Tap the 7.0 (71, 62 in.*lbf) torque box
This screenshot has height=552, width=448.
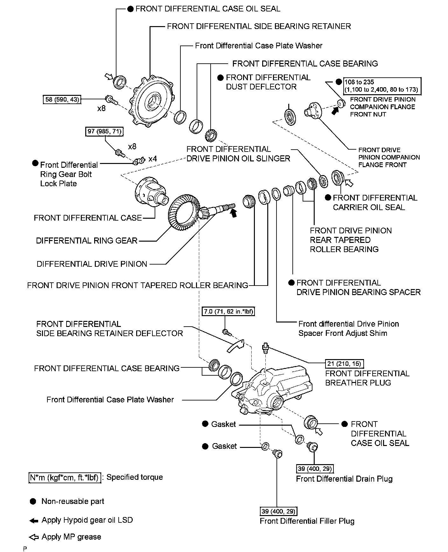click(x=228, y=311)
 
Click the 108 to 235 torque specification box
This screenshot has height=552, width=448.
click(x=381, y=86)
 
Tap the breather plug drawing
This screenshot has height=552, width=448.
click(x=265, y=349)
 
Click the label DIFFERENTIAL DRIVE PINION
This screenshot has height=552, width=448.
click(x=92, y=264)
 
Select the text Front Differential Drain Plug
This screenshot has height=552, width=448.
click(x=344, y=479)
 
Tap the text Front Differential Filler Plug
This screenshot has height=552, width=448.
click(x=307, y=521)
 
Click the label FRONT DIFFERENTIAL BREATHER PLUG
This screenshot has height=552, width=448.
click(x=367, y=378)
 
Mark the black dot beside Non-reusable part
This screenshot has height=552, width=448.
click(x=33, y=501)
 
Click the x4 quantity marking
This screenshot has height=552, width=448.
click(x=152, y=159)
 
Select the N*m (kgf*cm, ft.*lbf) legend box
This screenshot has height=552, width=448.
click(x=65, y=478)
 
